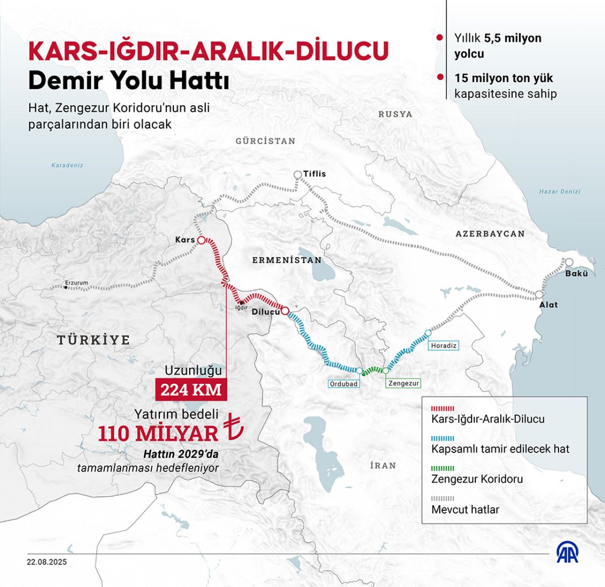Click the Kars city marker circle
(201, 241)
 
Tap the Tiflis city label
(315, 174)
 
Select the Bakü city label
(576, 273)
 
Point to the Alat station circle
(539, 295)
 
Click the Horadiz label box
(444, 345)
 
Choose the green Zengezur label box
(403, 383)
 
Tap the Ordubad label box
(343, 384)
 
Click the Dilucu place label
(266, 312)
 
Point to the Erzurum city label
(77, 283)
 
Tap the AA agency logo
(567, 554)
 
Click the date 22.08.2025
(47, 562)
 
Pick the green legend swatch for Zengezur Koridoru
(443, 468)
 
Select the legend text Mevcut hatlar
(465, 509)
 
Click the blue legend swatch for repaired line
(443, 439)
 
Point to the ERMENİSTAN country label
(287, 260)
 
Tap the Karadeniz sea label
(67, 165)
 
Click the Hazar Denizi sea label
(560, 192)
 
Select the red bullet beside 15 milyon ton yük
(440, 77)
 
